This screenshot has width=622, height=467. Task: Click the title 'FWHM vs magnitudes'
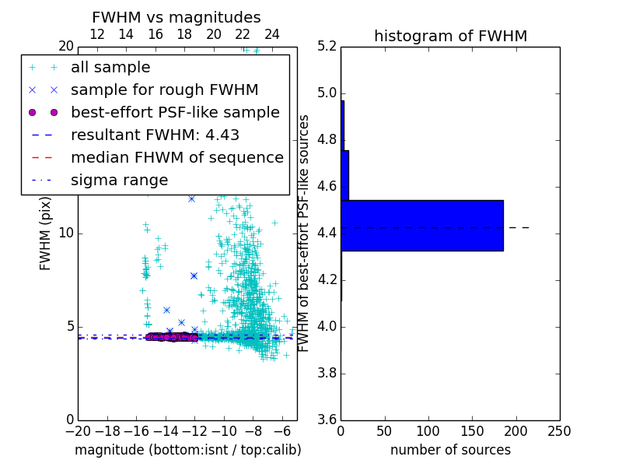pyautogui.click(x=176, y=17)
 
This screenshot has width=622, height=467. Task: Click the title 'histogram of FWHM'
pyautogui.click(x=450, y=36)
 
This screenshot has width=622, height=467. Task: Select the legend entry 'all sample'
pyautogui.click(x=110, y=68)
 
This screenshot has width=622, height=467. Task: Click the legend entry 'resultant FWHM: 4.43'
pyautogui.click(x=155, y=135)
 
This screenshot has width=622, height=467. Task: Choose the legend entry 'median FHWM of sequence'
pyautogui.click(x=176, y=157)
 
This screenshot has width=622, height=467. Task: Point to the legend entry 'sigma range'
pyautogui.click(x=119, y=180)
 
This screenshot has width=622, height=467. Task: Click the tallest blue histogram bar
pyautogui.click(x=422, y=226)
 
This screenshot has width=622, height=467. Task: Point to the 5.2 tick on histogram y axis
pyautogui.click(x=327, y=47)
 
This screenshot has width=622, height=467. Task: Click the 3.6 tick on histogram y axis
pyautogui.click(x=327, y=420)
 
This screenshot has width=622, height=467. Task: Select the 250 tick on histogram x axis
pyautogui.click(x=559, y=431)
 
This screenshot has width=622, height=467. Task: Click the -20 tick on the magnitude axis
pyautogui.click(x=77, y=431)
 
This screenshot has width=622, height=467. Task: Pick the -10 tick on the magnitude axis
pyautogui.click(x=223, y=431)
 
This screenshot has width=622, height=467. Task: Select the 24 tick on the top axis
pyautogui.click(x=272, y=34)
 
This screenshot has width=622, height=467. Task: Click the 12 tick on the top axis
pyautogui.click(x=97, y=34)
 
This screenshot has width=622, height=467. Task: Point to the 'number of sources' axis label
pyautogui.click(x=450, y=450)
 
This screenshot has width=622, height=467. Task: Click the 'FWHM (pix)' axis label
pyautogui.click(x=46, y=233)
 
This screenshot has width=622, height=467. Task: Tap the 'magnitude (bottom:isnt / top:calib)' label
pyautogui.click(x=187, y=450)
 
